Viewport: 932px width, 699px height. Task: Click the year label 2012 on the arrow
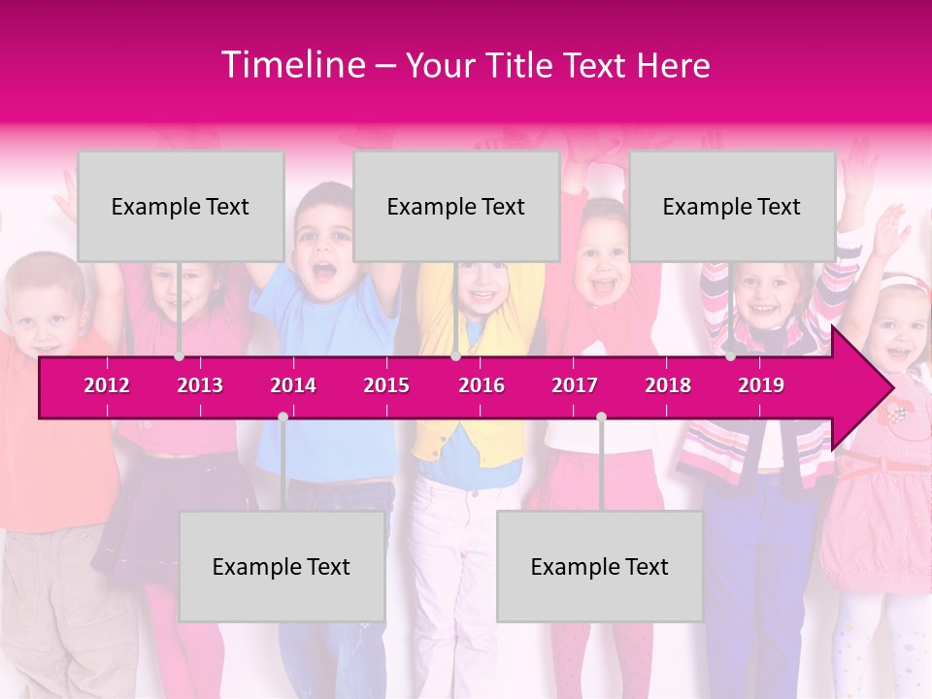107,385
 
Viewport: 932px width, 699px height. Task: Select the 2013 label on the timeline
200,385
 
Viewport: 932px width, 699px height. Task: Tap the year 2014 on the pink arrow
293,385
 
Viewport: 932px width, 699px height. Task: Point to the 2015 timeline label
386,385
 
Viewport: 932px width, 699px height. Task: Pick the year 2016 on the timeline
482,385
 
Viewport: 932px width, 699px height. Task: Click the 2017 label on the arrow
575,385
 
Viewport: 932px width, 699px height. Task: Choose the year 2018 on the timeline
668,385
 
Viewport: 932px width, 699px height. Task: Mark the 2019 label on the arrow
761,385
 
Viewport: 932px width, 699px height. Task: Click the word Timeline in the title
291,65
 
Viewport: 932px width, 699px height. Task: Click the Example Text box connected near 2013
181,206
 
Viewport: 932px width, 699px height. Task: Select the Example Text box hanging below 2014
282,566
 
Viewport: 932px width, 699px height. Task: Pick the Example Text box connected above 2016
456,206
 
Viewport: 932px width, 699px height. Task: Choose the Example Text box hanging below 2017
600,566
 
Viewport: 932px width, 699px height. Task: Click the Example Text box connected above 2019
732,206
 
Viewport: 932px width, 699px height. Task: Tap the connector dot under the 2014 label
283,416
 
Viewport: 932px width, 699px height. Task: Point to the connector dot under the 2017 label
601,416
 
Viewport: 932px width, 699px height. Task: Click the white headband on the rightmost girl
904,283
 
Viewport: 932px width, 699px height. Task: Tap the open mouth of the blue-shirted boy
324,269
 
